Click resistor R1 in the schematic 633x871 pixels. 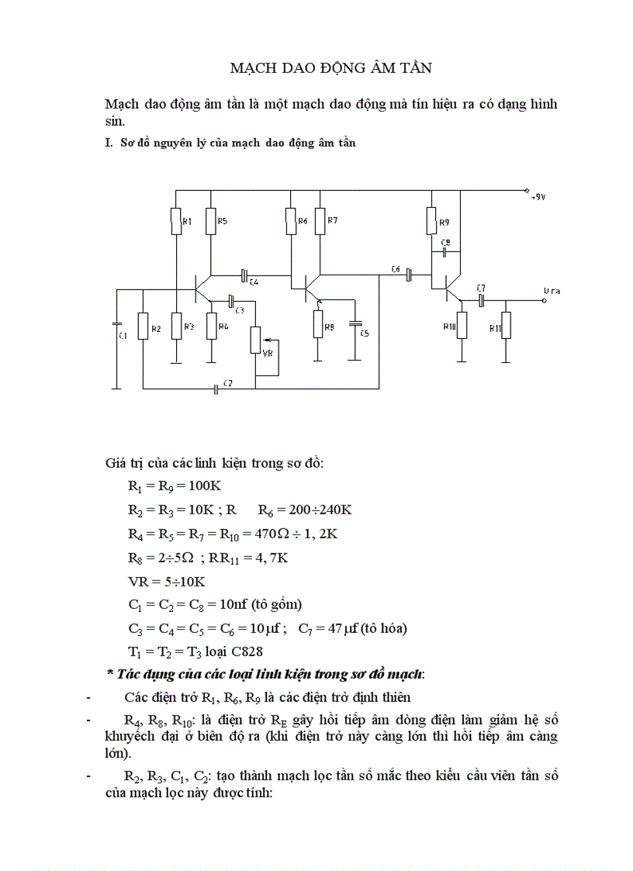[x=175, y=222]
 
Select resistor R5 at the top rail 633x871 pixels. [x=211, y=222]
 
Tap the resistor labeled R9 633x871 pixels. [x=432, y=222]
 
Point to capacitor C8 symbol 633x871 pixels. [x=444, y=251]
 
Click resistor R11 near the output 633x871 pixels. [x=506, y=325]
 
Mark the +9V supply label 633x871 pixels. [x=538, y=197]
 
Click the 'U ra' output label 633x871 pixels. [x=552, y=291]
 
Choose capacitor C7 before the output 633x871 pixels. [x=481, y=299]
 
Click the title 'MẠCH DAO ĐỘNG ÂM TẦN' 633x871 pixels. [x=331, y=68]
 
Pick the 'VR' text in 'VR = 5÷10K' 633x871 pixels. [x=138, y=581]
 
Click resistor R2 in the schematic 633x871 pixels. [x=144, y=326]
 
